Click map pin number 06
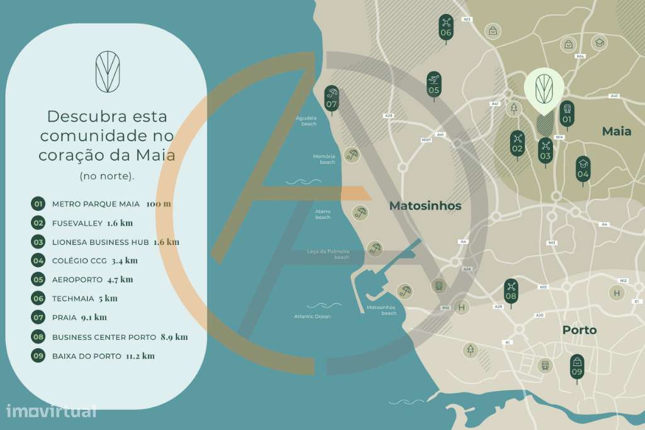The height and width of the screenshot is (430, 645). (x=446, y=27)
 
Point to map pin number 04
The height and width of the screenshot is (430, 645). (x=583, y=169)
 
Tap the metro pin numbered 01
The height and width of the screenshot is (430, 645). (x=567, y=114)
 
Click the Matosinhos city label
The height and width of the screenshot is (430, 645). (x=425, y=206)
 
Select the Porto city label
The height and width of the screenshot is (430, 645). (x=579, y=330)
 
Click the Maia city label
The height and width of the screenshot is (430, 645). (x=616, y=132)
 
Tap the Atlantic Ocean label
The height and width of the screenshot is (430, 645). (x=312, y=316)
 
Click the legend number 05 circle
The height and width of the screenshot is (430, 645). (x=38, y=280)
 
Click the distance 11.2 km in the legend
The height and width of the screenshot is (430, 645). (x=140, y=356)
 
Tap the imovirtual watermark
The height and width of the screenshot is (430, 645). (x=51, y=411)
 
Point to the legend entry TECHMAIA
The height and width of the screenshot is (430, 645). (x=73, y=298)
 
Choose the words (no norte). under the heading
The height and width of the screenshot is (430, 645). (x=106, y=176)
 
